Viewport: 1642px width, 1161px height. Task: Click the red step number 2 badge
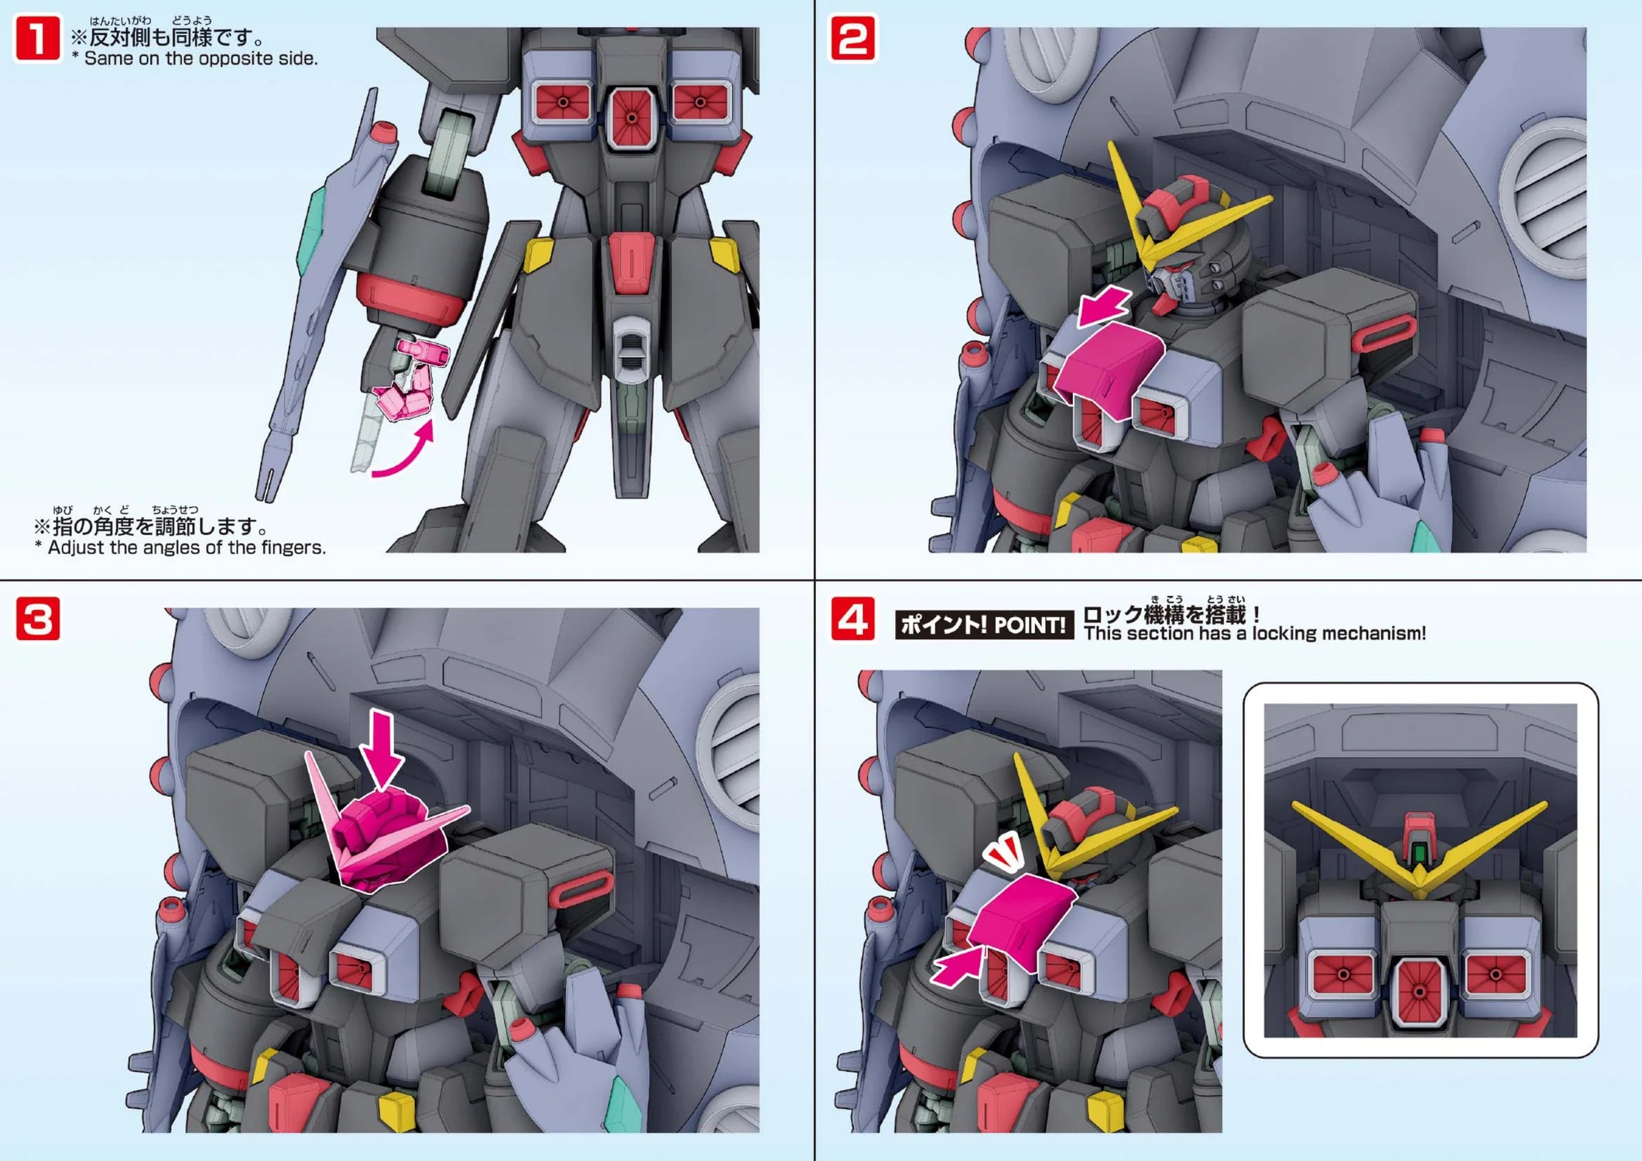[x=852, y=39]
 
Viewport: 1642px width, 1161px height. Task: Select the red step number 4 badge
[x=852, y=618]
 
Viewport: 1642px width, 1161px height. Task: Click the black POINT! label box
[x=984, y=625]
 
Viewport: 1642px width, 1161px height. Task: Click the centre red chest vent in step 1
[x=632, y=117]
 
